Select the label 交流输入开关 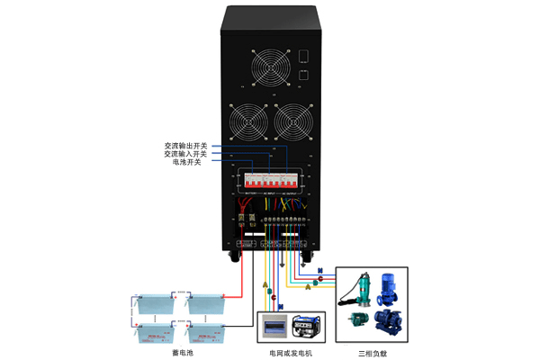click(x=186, y=154)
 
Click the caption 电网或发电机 click(x=292, y=352)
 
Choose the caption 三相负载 click(x=371, y=352)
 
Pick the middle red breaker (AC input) click(x=270, y=182)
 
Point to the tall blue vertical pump click(x=390, y=287)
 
